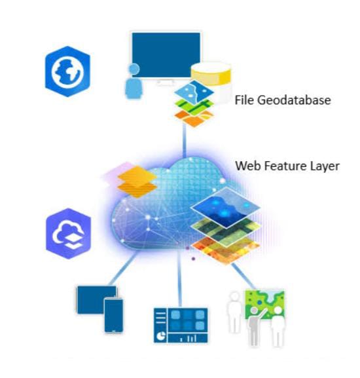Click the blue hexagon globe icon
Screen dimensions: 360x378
pyautogui.click(x=67, y=71)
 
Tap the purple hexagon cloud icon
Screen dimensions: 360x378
pyautogui.click(x=69, y=233)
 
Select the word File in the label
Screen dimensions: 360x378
pyautogui.click(x=244, y=100)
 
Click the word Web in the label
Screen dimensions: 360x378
pyautogui.click(x=248, y=166)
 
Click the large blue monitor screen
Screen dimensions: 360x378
pyautogui.click(x=166, y=55)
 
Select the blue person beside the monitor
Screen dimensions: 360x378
pyautogui.click(x=134, y=81)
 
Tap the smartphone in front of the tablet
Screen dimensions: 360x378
pyautogui.click(x=113, y=315)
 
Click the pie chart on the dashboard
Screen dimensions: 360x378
pyautogui.click(x=160, y=335)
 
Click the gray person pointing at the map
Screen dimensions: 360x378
pyautogui.click(x=254, y=326)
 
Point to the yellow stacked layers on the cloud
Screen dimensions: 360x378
pyautogui.click(x=137, y=181)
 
